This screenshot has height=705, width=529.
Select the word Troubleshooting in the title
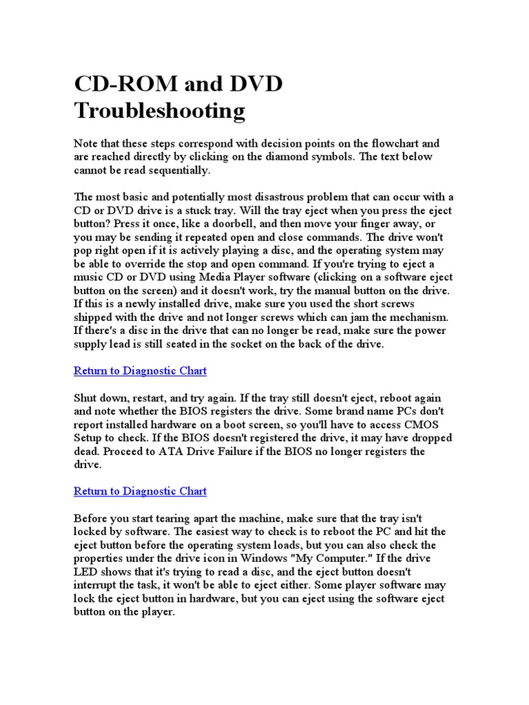tap(159, 110)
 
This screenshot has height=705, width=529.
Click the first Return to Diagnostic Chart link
tap(140, 371)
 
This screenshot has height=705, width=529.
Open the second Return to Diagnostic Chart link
tap(140, 492)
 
